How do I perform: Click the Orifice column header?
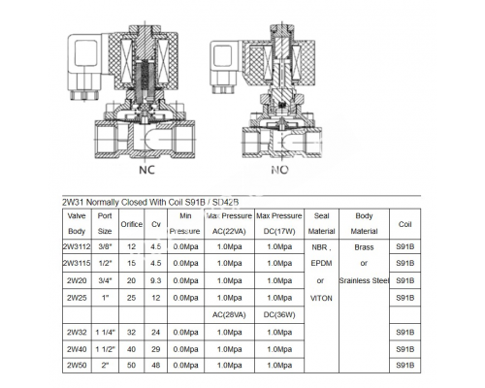pyautogui.click(x=131, y=224)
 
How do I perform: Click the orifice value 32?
pyautogui.click(x=131, y=330)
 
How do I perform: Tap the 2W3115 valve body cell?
pyautogui.click(x=77, y=263)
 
